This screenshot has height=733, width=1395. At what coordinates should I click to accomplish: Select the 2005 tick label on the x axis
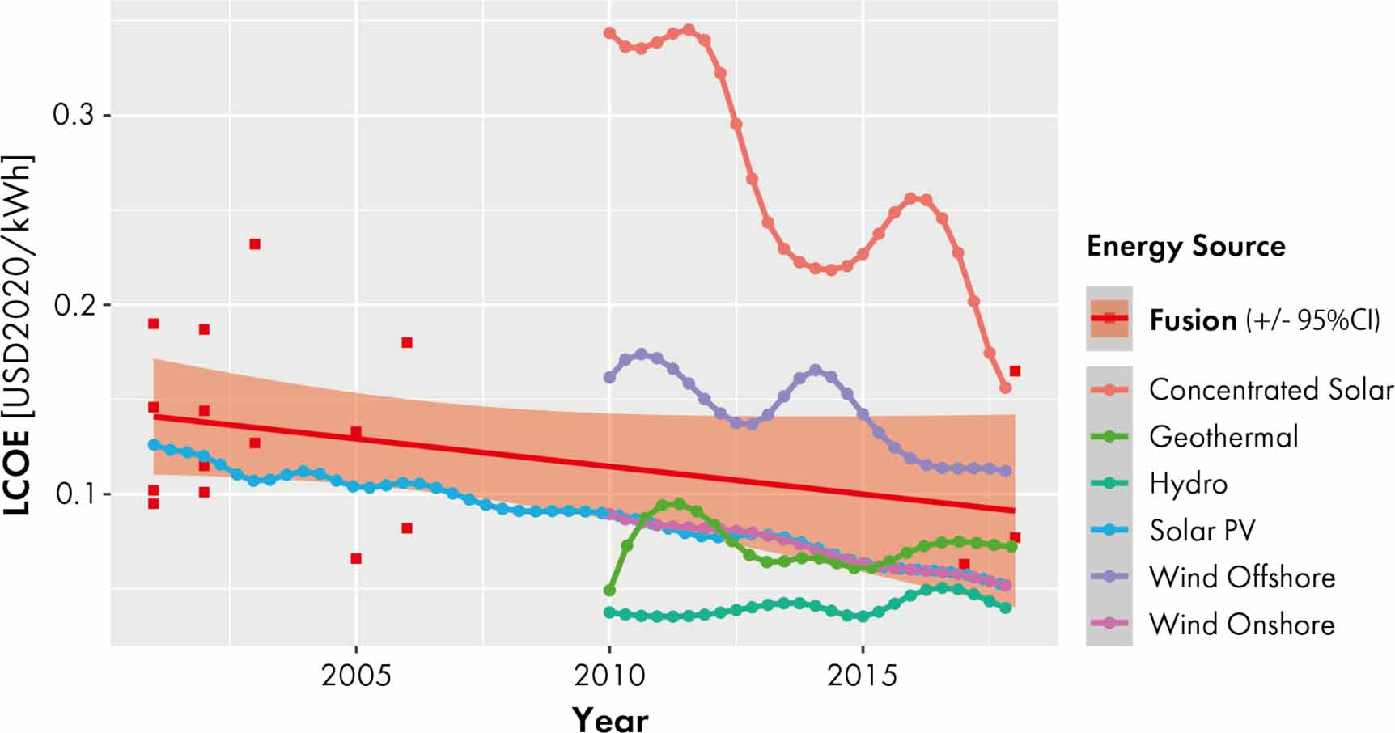(355, 675)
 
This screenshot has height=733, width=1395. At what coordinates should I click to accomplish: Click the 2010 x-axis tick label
(609, 675)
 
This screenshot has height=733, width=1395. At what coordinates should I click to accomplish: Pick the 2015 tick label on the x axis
(863, 675)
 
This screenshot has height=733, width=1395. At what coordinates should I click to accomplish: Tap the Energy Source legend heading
(1185, 246)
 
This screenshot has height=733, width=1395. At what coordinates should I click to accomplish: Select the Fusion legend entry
(1193, 320)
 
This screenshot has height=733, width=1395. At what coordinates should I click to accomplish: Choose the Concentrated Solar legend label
(1270, 390)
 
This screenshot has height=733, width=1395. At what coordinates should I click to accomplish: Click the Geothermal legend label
(1223, 437)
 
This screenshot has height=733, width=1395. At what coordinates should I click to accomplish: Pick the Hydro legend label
(1188, 484)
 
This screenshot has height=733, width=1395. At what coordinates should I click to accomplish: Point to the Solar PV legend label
(1202, 531)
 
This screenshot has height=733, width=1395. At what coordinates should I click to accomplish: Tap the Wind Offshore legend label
(1242, 578)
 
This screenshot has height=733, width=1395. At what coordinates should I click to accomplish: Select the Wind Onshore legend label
(1242, 625)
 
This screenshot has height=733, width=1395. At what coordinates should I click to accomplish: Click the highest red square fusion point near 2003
(255, 244)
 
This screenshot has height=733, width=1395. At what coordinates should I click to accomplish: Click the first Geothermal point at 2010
(610, 591)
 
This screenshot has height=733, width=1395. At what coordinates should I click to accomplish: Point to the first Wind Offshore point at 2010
(610, 378)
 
